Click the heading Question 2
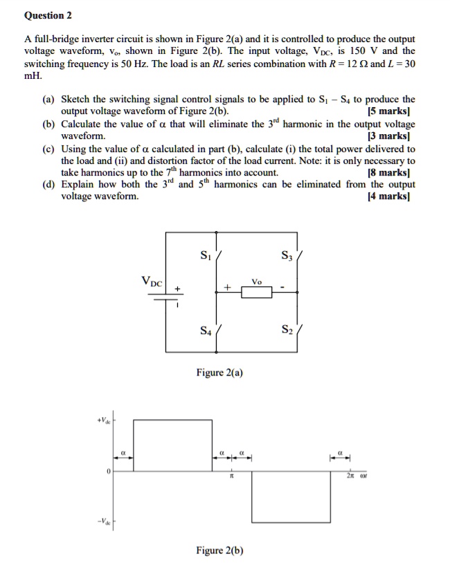48,15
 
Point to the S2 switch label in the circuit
287,331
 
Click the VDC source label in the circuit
152,281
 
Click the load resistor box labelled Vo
257,293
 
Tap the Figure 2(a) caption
219,373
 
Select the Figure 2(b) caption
219,551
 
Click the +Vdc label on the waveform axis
104,420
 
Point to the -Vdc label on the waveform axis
103,521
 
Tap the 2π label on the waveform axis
352,477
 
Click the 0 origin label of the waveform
108,471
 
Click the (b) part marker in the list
48,124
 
